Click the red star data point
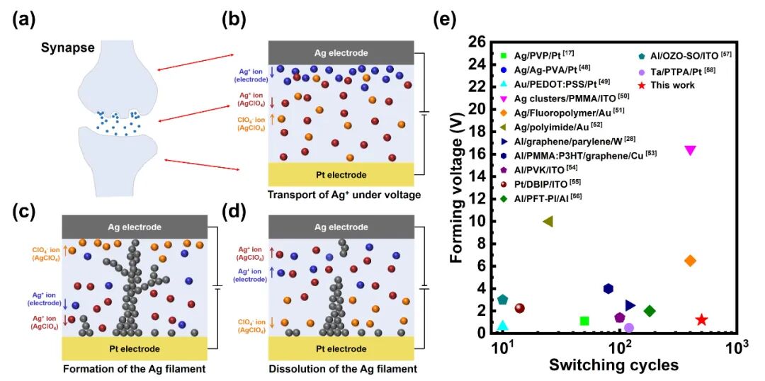[701, 320]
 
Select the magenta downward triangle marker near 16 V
[690, 150]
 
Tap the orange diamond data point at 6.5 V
[690, 261]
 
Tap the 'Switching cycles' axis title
[613, 365]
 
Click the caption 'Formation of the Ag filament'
[134, 368]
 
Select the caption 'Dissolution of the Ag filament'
[343, 368]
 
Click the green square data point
[584, 321]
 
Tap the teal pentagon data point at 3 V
[503, 300]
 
